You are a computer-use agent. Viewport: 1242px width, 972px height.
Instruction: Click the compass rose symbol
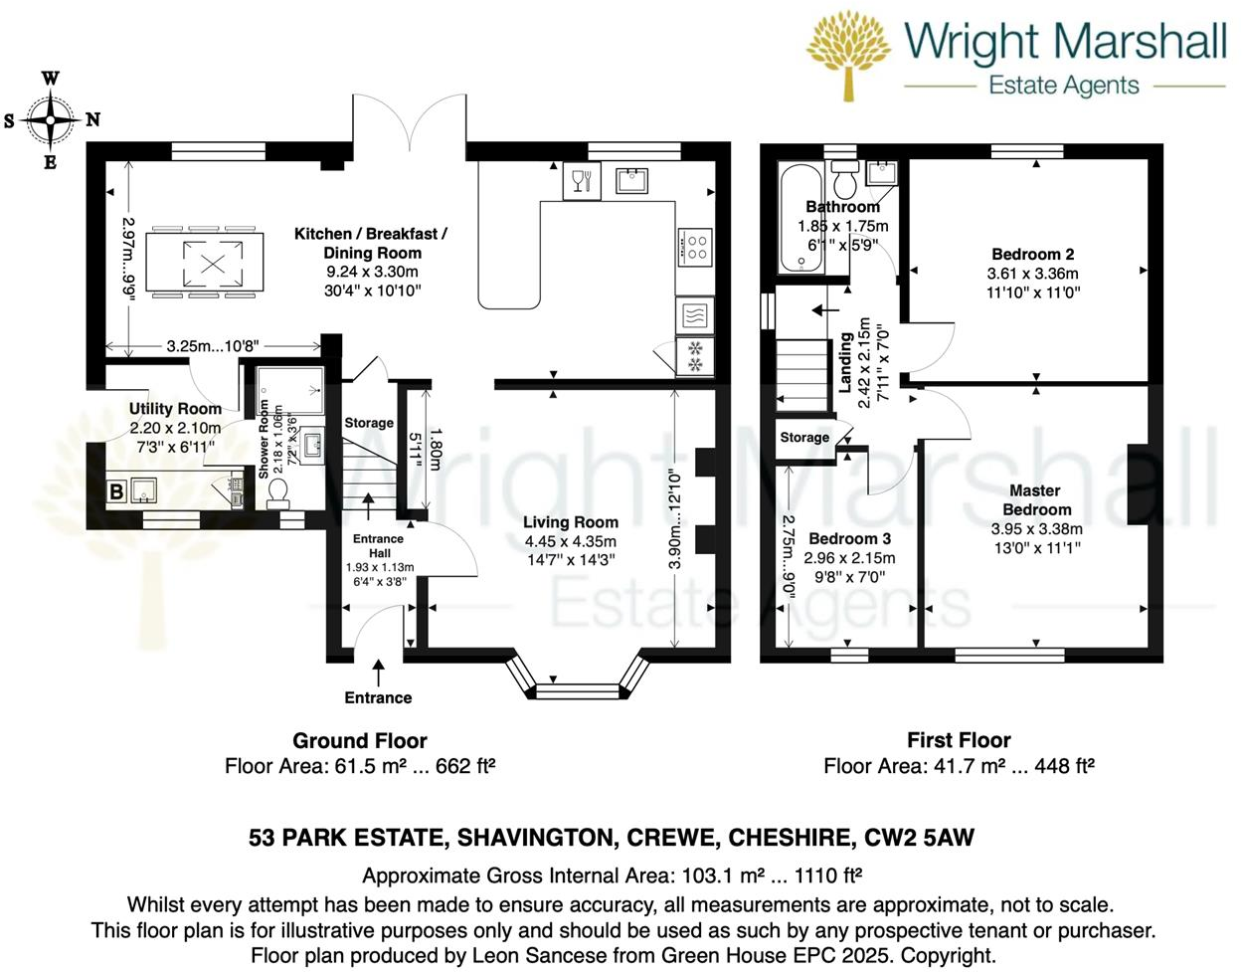pos(50,119)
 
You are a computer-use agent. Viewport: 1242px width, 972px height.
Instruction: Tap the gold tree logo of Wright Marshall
pos(848,55)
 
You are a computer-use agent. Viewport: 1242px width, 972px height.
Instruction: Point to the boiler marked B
pos(116,490)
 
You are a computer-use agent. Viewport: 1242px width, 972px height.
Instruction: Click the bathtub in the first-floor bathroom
pos(800,219)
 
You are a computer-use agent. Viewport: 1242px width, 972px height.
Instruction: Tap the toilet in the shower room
pos(277,492)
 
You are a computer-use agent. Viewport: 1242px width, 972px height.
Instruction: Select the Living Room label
pos(571,522)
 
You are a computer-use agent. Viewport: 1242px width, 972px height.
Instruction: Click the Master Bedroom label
pos(1036,499)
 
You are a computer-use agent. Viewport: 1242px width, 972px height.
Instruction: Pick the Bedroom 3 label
pos(849,538)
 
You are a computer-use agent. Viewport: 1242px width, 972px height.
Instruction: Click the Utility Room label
pos(175,409)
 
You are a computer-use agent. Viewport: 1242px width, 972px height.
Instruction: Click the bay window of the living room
pos(577,686)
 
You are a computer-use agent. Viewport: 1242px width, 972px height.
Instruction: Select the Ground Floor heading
pos(359,740)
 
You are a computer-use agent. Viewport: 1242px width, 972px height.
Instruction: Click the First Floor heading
pos(959,740)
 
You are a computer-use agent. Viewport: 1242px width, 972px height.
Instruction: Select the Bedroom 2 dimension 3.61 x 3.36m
pos(1032,274)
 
